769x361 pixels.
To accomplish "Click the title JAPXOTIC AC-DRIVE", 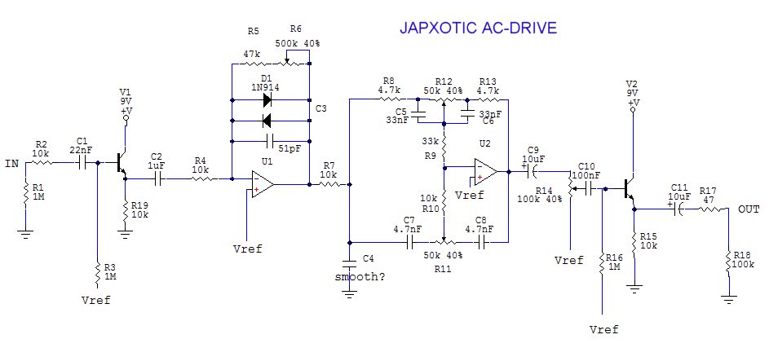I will (x=478, y=28).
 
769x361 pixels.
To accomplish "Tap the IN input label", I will (x=11, y=164).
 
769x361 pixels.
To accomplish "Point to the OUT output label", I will (x=749, y=209).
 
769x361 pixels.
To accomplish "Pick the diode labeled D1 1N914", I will (x=266, y=101).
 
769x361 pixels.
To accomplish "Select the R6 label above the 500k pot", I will (x=295, y=30).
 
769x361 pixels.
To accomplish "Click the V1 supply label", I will (x=125, y=91).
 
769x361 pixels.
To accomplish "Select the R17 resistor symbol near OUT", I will (x=709, y=209).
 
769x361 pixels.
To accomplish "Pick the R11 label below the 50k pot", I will (x=443, y=267).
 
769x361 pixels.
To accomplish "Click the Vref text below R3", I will (x=96, y=300).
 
